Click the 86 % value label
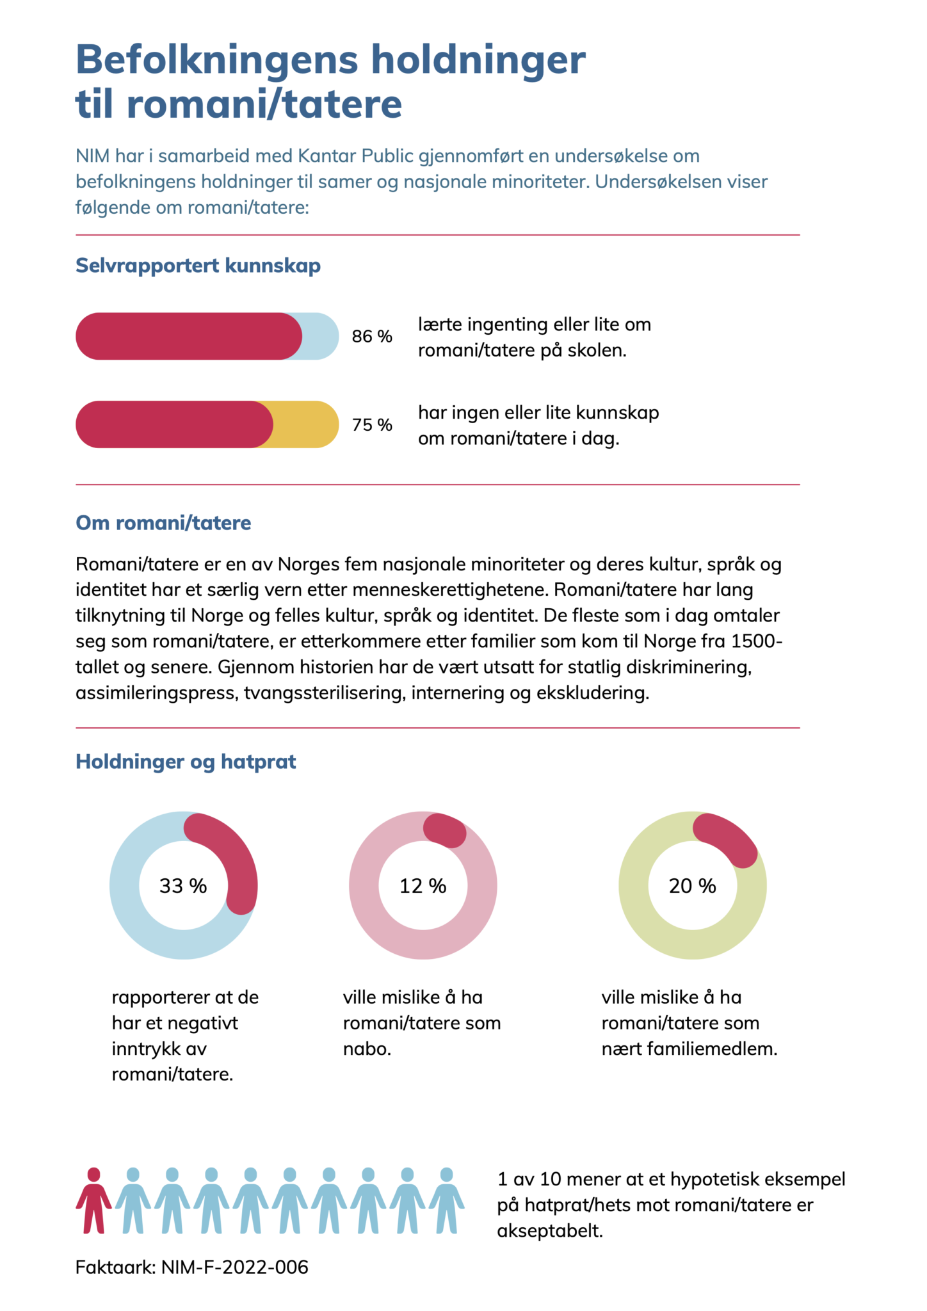372,336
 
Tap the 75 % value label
372,424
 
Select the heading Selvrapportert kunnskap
198,266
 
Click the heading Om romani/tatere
163,523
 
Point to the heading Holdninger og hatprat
186,761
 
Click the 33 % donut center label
183,886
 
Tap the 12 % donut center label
423,886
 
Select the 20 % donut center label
692,886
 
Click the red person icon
93,1200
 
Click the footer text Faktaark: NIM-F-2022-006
192,1267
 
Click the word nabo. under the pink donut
367,1049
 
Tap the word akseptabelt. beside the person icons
550,1230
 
